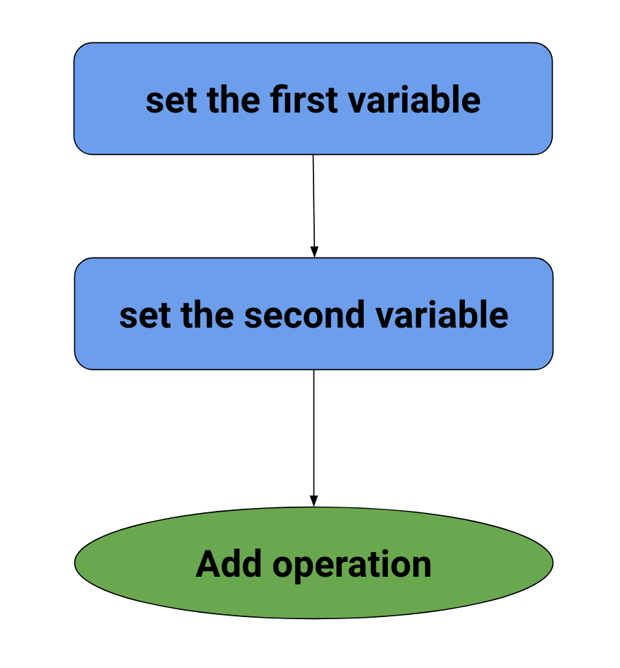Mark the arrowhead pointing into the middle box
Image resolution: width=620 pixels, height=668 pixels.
314,252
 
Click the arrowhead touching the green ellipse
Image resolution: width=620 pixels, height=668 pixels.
314,501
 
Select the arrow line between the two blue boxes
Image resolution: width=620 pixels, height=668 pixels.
314,202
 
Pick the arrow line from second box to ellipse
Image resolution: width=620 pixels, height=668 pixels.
314,432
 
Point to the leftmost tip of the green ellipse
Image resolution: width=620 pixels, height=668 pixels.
76,563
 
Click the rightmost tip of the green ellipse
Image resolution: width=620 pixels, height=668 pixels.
552,563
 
